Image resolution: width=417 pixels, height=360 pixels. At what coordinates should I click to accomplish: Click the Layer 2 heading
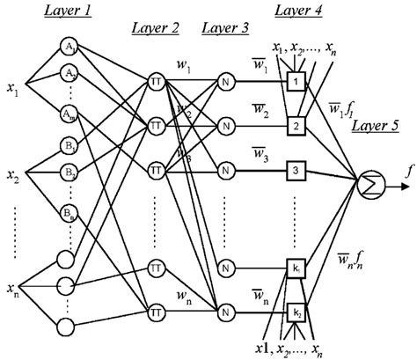coord(155,28)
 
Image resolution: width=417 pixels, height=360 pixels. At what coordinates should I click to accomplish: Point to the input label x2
coord(13,176)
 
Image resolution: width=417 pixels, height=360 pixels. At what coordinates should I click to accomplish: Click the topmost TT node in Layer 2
coord(155,82)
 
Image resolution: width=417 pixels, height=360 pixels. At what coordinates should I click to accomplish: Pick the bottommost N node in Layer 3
coord(226,311)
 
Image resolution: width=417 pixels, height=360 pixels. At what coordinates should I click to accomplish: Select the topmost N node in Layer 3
coord(226,82)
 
